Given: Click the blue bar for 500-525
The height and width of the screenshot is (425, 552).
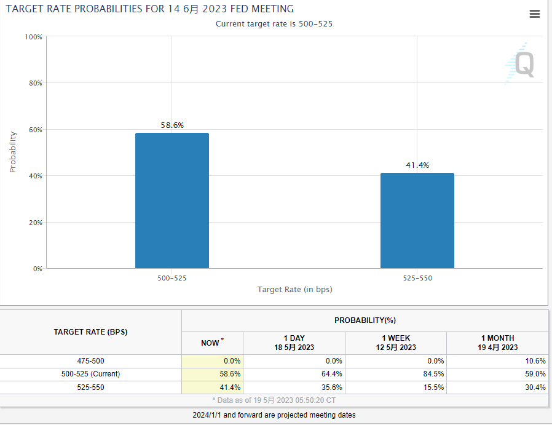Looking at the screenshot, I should click(172, 201).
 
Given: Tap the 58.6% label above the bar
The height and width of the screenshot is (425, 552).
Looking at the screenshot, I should click(172, 125).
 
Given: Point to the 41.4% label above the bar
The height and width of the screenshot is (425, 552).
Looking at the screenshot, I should click(417, 165).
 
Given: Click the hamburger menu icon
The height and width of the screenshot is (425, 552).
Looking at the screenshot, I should click(535, 14).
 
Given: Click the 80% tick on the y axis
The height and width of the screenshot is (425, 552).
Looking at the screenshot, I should click(34, 83).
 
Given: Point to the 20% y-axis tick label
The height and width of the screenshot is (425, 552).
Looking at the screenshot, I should click(34, 223).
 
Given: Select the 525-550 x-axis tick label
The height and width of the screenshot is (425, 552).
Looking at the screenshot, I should click(417, 278).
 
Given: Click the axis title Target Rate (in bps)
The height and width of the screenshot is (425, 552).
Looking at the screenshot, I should click(294, 289).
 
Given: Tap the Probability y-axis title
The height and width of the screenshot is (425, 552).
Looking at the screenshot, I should click(13, 152).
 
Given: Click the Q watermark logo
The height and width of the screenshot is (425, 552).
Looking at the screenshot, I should click(523, 64).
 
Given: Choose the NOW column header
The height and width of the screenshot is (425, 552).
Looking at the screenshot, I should click(211, 343).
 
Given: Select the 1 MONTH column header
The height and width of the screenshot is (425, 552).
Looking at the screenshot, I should click(497, 343).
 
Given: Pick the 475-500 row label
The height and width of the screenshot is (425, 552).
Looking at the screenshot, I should click(91, 361).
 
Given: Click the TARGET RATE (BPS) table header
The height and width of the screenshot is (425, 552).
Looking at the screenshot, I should click(91, 332).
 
